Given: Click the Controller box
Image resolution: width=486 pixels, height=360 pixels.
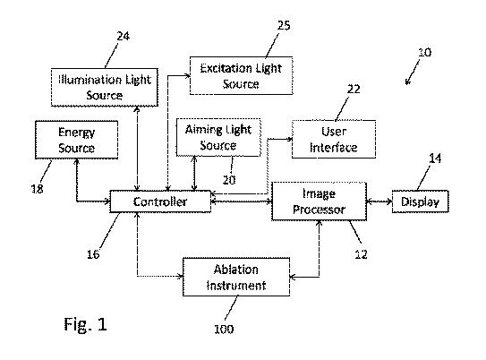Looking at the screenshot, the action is coord(160,201).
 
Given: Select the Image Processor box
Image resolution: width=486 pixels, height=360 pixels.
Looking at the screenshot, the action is coord(320,201).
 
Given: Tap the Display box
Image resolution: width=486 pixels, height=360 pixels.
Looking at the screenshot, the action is coord(421,201).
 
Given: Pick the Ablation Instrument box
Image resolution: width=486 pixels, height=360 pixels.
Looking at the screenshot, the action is coord(236,277).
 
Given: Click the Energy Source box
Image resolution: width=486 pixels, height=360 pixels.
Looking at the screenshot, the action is coord(77,140).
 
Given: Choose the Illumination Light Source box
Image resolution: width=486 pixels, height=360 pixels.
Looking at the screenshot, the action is coord(105,88).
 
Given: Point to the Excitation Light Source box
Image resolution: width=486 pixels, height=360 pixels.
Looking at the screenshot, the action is coord(241,75).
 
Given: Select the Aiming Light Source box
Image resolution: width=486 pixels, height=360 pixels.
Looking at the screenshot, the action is coord(218,137).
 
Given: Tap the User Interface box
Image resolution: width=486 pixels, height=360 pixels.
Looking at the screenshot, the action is coord(334,139).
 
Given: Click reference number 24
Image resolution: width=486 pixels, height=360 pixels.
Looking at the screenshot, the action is coord(123,37).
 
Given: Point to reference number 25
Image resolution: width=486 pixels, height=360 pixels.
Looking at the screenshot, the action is coord(284,25).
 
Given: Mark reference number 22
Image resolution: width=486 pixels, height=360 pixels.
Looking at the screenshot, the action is coord(354,90).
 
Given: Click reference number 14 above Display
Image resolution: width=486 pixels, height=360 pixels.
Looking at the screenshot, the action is coord(435,159).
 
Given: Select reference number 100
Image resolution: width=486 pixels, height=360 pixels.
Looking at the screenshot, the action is coord(224,329).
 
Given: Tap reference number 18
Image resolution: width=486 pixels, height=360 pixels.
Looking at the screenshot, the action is coord(38,189).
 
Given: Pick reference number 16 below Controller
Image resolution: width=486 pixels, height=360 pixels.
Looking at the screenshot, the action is coord(93,254).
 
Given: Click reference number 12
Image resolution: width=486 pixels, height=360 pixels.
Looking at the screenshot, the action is coord(361,254).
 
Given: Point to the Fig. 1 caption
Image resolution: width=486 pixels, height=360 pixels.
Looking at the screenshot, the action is coord(86,325).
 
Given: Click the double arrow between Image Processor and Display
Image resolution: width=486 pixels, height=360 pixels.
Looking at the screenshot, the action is coord(379,201).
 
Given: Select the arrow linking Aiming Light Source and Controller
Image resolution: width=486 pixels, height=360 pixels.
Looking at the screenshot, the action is coord(194,174).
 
